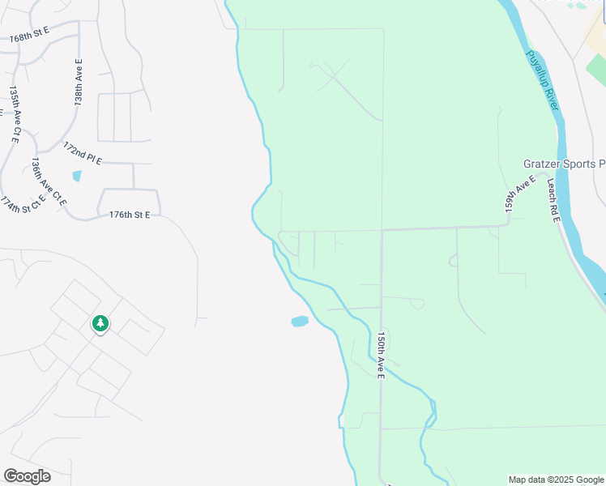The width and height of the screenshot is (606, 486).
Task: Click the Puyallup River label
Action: pos(543,82)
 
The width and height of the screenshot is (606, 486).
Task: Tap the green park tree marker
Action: pos(100,324)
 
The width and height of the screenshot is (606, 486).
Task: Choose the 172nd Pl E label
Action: pos(83,154)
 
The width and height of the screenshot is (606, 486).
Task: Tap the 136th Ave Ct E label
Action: pos(47,182)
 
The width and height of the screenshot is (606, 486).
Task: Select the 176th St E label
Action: pos(130,215)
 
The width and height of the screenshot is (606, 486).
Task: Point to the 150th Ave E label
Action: pos(381,353)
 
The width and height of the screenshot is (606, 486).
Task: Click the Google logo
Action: pos(27,476)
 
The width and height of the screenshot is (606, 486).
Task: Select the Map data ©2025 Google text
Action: pos(556,480)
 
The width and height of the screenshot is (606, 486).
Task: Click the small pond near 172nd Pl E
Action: pos(77,176)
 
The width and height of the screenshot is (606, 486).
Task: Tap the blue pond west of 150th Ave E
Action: pos(300,322)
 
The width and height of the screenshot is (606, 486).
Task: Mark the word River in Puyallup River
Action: pos(552,99)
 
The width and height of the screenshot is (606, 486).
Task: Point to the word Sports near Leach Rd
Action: pos(582,164)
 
